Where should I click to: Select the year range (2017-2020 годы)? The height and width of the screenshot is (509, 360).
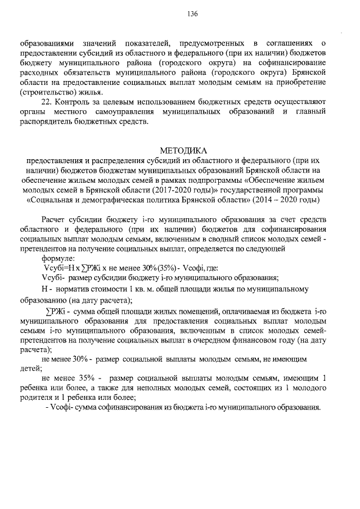coord(165,188)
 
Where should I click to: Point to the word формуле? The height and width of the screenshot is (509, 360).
coord(62,258)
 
